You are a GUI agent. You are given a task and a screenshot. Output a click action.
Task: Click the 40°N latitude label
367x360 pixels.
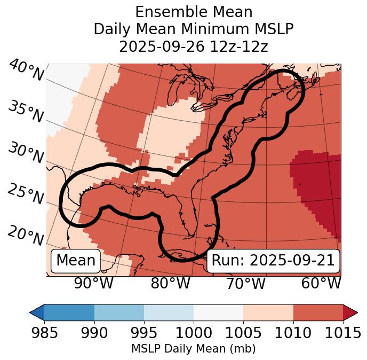(x=26, y=71)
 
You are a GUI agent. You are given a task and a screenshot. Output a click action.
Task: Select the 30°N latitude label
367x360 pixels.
(x=26, y=153)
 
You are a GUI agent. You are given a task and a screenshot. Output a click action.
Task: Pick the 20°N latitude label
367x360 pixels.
(x=26, y=236)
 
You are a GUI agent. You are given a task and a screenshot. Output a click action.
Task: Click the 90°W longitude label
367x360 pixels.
(x=93, y=284)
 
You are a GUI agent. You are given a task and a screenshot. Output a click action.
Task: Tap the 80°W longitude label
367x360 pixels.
(x=170, y=284)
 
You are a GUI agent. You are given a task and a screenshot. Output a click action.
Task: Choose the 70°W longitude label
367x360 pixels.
(x=245, y=284)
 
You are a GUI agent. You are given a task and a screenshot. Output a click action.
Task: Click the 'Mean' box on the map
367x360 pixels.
(x=76, y=261)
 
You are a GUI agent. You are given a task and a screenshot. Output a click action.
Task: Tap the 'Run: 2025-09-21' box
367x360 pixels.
(x=273, y=261)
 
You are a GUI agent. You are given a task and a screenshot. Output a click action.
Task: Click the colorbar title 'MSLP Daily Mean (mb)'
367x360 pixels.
(x=193, y=349)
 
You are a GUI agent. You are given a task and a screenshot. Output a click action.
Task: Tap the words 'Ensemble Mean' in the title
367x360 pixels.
(x=193, y=12)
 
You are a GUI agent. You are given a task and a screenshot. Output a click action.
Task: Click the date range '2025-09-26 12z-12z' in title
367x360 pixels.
(x=193, y=46)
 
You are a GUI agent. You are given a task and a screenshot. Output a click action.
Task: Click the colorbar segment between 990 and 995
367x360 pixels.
(x=119, y=312)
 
